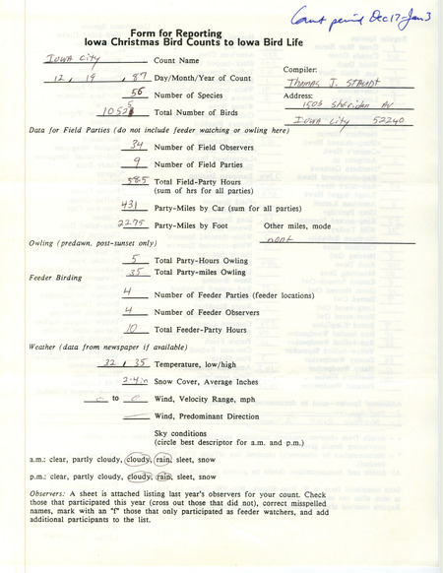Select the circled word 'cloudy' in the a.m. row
pos(138,458)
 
